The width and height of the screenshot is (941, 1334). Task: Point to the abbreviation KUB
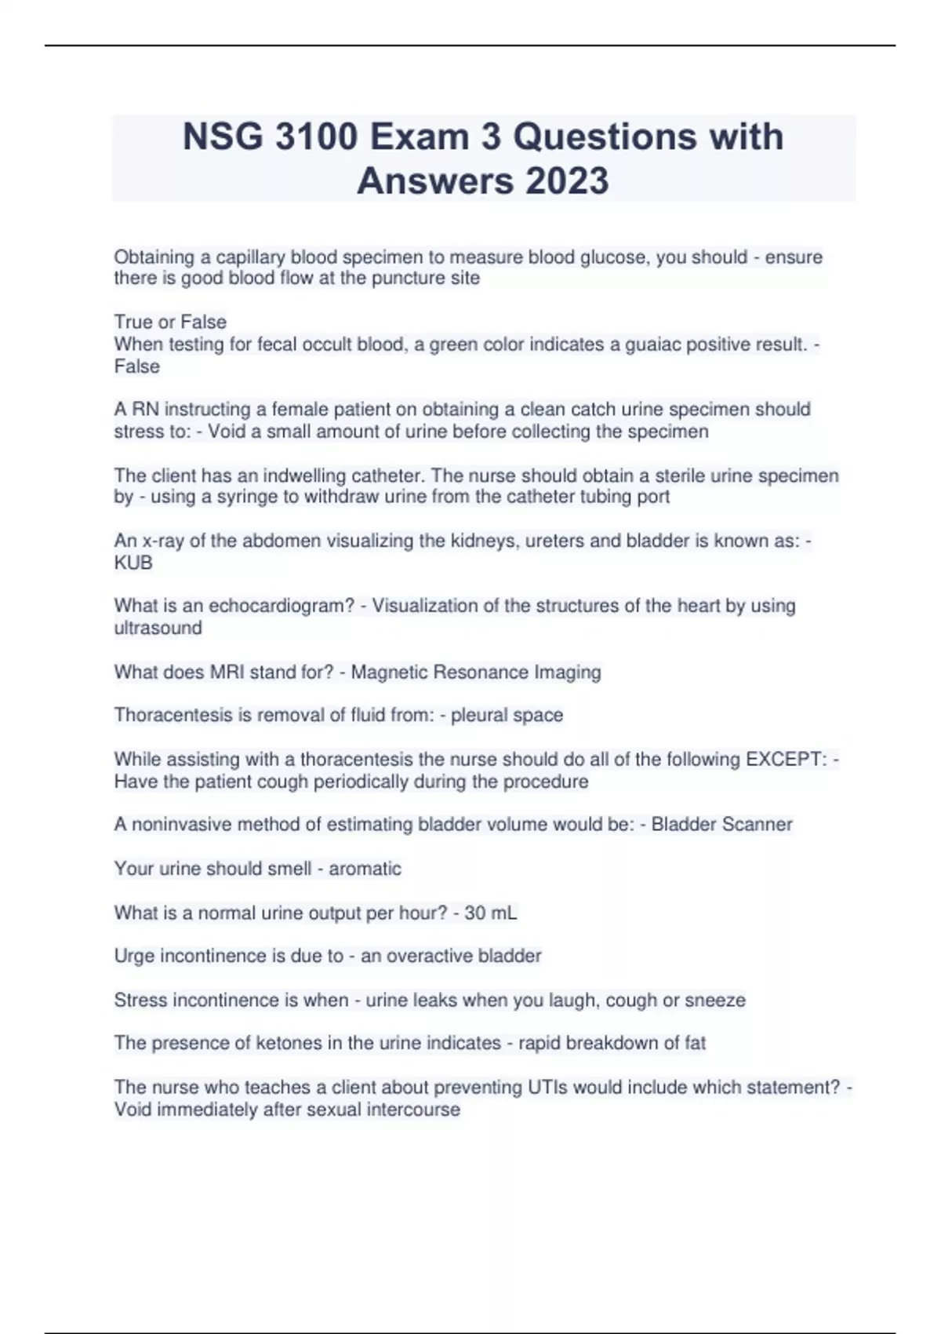click(x=133, y=563)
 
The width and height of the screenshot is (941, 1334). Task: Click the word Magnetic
click(x=389, y=672)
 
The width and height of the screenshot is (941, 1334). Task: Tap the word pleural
click(x=478, y=716)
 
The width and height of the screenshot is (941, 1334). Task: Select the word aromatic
click(x=365, y=869)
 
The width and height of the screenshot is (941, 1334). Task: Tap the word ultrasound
click(x=158, y=628)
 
